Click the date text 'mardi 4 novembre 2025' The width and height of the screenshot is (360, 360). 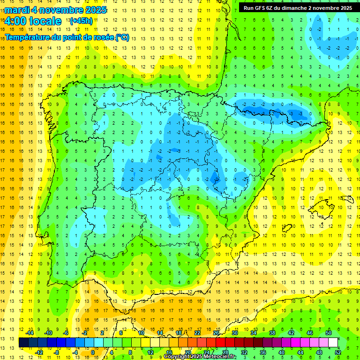pos(56,10)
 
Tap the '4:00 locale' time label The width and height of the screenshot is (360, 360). pos(33,21)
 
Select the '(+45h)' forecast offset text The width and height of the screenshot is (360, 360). pos(81,21)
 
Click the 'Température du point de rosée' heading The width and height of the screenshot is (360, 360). pos(67,37)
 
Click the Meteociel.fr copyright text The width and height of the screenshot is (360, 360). pos(200,357)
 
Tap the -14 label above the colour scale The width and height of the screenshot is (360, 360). pos(30,333)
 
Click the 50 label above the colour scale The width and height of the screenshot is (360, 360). pos(328,333)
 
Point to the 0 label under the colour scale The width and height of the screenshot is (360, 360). pos(93,352)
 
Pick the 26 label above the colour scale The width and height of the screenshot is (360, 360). pos(216,333)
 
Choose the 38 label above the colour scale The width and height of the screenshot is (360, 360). pos(272,333)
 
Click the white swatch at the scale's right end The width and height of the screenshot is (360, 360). pos(333,343)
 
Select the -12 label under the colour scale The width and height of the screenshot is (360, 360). pos(39,352)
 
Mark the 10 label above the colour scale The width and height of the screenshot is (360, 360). pos(141,333)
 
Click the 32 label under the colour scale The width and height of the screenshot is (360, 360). pos(244,352)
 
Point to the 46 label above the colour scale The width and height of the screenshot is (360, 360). pos(309,333)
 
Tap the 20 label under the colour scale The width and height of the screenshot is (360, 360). pos(188,352)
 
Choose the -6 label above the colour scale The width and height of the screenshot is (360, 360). pos(67,333)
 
